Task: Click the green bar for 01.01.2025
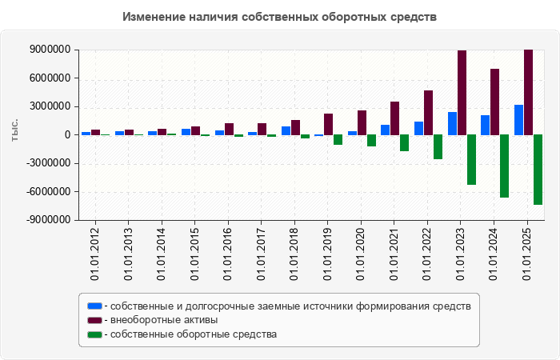[538, 170]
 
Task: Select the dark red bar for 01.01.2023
[462, 93]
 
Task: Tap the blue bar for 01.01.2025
[519, 120]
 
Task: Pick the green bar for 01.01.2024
[505, 166]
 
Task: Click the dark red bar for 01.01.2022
[429, 113]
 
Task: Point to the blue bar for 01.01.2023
[452, 123]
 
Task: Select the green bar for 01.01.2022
[438, 146]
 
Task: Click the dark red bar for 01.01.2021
[395, 118]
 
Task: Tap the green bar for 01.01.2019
[338, 139]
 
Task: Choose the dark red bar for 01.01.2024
[495, 102]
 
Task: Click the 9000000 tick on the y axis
[49, 50]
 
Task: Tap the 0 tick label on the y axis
[67, 135]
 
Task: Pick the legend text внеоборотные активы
[165, 320]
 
